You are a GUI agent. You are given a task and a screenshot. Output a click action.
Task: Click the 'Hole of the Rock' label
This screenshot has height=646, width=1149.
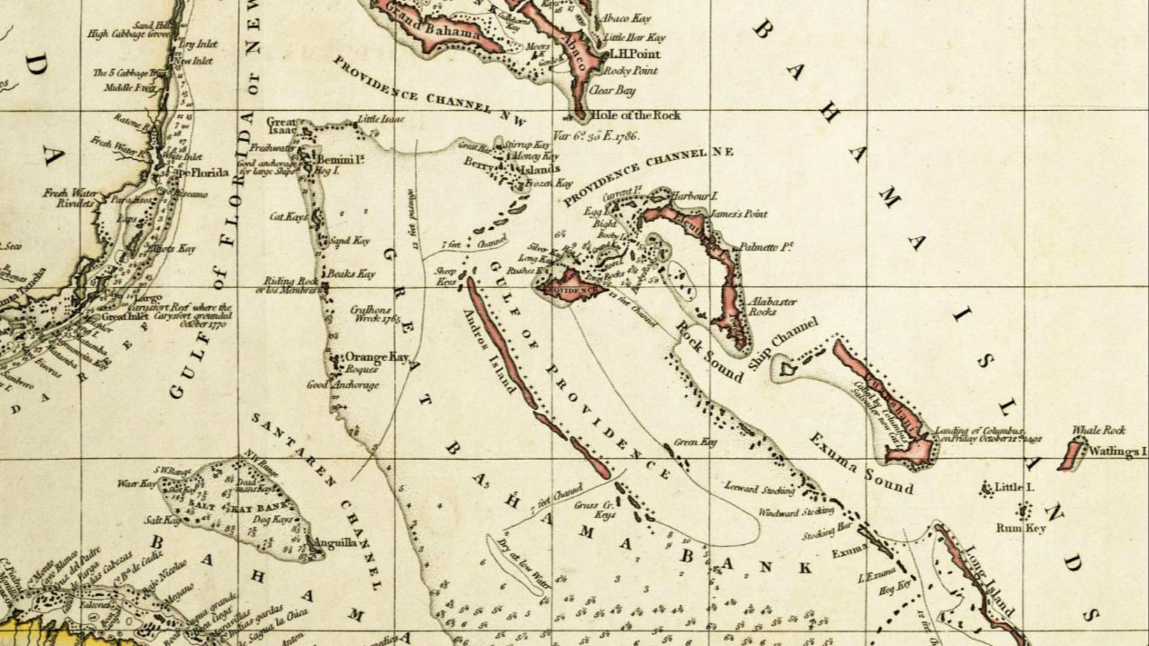635,115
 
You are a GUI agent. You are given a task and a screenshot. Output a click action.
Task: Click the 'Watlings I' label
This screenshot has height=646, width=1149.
1117,451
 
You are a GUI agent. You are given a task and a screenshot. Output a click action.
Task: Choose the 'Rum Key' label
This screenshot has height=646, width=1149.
1020,528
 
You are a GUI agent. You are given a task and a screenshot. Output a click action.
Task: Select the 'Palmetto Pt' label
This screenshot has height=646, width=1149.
766,246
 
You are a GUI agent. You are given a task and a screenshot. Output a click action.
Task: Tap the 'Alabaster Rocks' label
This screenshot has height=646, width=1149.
771,306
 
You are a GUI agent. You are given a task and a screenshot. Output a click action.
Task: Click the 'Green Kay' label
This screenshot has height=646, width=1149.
695,442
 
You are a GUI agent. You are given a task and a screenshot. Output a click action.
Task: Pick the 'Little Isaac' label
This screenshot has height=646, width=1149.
381,120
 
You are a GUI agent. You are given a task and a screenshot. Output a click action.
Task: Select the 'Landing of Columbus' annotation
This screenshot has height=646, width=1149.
987,434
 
